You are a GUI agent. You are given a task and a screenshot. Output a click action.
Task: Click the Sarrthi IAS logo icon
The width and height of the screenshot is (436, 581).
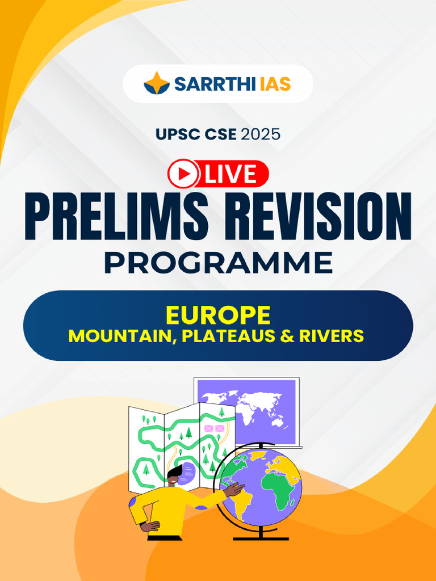[156, 83]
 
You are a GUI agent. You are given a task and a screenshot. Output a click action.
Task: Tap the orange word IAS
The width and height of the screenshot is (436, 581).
[275, 85]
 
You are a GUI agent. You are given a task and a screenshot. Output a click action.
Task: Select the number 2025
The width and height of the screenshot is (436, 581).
[261, 134]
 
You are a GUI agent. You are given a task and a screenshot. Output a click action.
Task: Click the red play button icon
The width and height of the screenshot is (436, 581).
[183, 174]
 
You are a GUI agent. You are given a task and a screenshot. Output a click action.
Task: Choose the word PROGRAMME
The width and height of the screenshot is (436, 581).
[218, 262]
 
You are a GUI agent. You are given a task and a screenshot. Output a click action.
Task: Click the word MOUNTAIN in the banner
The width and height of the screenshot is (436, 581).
[119, 336]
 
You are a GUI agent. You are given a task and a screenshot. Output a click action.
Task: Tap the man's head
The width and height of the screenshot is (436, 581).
[174, 475]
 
